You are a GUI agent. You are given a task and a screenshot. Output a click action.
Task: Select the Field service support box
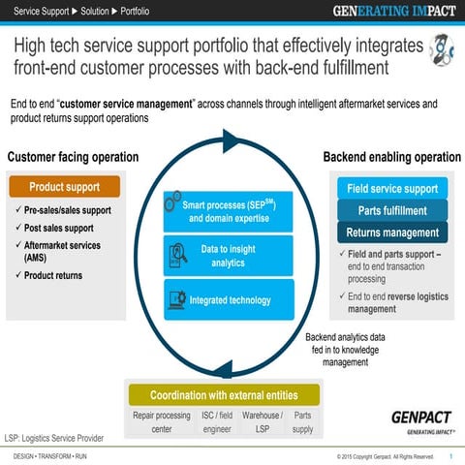[x=392, y=188]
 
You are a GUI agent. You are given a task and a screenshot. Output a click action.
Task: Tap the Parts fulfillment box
[x=392, y=210]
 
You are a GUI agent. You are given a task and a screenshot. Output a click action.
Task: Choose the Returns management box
[x=392, y=232]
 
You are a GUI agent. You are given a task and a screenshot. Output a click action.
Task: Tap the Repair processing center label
[x=162, y=421]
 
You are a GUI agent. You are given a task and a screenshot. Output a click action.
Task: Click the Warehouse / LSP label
[x=262, y=421]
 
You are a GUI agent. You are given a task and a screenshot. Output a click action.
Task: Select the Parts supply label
[x=302, y=421]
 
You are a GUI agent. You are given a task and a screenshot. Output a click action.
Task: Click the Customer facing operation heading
[x=73, y=157]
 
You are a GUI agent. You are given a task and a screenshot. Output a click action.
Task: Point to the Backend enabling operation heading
[x=391, y=157]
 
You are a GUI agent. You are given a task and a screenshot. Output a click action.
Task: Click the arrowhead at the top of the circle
[x=231, y=141]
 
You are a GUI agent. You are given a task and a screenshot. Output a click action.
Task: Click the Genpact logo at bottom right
[x=421, y=419]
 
